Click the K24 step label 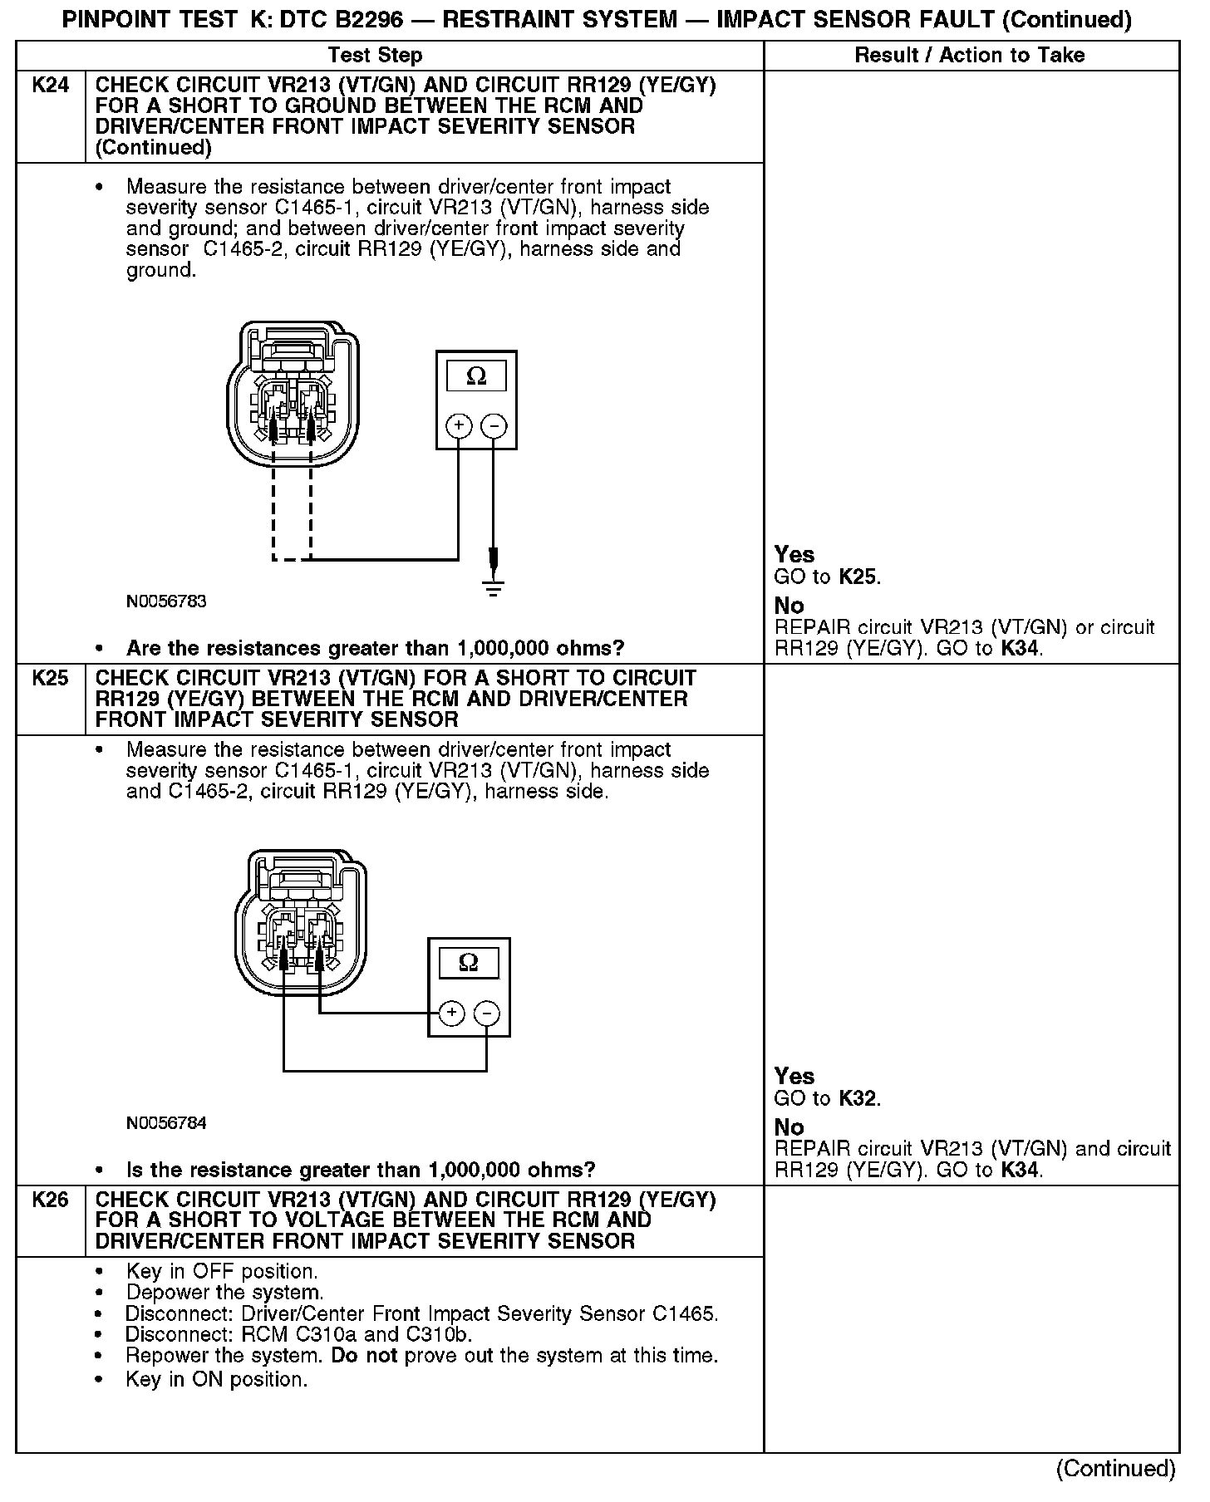tap(50, 86)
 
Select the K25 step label tap(50, 679)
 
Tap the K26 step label tap(50, 1200)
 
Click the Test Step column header tap(375, 56)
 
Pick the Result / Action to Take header tap(970, 56)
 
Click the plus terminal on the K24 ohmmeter tap(459, 426)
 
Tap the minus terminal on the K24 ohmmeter tap(494, 426)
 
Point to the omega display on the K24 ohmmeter tap(476, 376)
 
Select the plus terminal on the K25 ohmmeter tap(451, 1013)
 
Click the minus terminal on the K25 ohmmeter tap(486, 1013)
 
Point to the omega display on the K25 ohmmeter tap(469, 963)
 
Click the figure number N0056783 tap(166, 601)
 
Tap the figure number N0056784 tap(166, 1123)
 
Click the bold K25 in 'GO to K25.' tap(857, 577)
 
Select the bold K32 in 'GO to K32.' tap(857, 1098)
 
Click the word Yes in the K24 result tap(794, 554)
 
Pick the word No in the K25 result tap(789, 1127)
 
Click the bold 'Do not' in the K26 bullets tap(364, 1356)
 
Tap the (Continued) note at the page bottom tap(1115, 1469)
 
